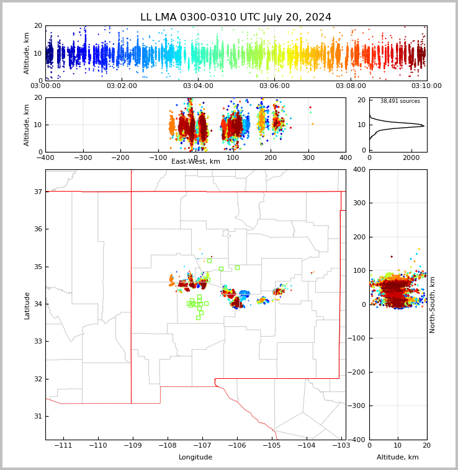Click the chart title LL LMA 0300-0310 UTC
(x=236, y=17)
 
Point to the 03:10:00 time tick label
(x=426, y=86)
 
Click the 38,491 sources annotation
(x=400, y=101)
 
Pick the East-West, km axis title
(x=195, y=162)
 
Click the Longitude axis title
(x=195, y=458)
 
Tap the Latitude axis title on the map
(x=27, y=305)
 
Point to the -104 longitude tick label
(x=306, y=446)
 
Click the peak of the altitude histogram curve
(x=424, y=126)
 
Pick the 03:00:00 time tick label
(x=45, y=86)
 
